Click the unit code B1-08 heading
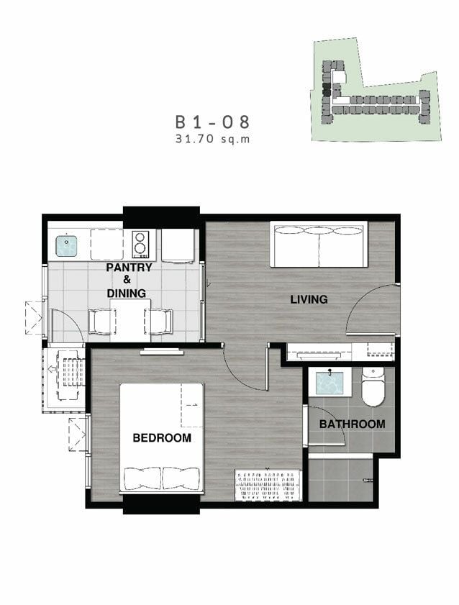click(x=212, y=122)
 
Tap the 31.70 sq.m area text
click(x=212, y=139)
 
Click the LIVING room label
click(x=309, y=299)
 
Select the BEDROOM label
click(x=162, y=438)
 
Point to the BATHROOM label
click(x=352, y=424)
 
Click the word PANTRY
click(x=129, y=268)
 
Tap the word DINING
click(x=127, y=294)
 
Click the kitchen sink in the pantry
click(x=66, y=246)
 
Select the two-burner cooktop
click(x=140, y=245)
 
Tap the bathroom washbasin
click(x=330, y=383)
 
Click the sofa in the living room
click(x=319, y=245)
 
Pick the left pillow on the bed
click(x=142, y=478)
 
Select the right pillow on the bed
click(x=181, y=478)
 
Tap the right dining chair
click(x=158, y=321)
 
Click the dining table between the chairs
click(x=130, y=320)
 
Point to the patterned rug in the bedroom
click(x=268, y=485)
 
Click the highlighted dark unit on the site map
click(x=327, y=90)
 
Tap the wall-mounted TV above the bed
click(x=162, y=352)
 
